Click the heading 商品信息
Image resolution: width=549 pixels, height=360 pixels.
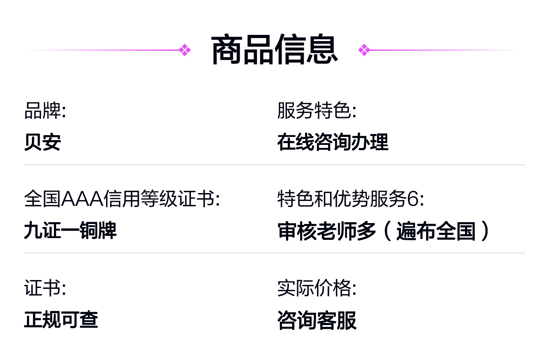[x=274, y=50]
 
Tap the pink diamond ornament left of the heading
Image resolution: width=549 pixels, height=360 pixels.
[x=185, y=50]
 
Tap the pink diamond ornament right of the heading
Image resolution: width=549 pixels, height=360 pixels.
[x=364, y=50]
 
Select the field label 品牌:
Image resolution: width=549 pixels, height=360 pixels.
[x=45, y=111]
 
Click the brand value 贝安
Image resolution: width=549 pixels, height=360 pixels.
[x=42, y=142]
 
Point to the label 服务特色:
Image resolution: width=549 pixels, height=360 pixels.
[x=316, y=111]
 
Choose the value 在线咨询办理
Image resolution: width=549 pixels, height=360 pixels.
[x=333, y=142]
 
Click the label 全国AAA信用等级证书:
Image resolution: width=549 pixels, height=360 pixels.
[x=122, y=199]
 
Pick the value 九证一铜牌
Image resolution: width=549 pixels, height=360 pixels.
[x=70, y=230]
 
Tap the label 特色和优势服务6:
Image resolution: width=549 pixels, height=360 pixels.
[x=351, y=199]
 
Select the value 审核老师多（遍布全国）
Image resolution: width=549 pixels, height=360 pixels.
[x=384, y=231]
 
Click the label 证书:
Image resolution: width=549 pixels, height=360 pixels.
[x=45, y=288]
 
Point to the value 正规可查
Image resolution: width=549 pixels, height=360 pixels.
[x=61, y=319]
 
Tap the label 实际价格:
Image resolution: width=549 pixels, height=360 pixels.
[x=316, y=288]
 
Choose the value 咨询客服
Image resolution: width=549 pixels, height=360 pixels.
[x=316, y=320]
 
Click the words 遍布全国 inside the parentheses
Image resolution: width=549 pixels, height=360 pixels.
[x=436, y=231]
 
